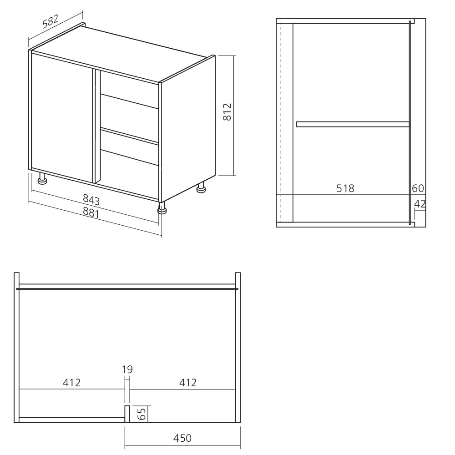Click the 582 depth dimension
pos(51,23)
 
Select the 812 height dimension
pos(228,112)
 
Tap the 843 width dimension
pos(91,199)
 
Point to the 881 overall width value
pos(91,212)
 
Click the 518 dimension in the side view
pos(345,188)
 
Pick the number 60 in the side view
pos(418,188)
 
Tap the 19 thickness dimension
pos(127,369)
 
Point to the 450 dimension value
pos(182,438)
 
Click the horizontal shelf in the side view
pos(353,124)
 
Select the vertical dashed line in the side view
pos(282,123)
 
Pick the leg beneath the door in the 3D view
pos(43,179)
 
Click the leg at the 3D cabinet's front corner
pos(162,208)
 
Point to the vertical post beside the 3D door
pos(96,125)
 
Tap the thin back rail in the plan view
pos(127,288)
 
